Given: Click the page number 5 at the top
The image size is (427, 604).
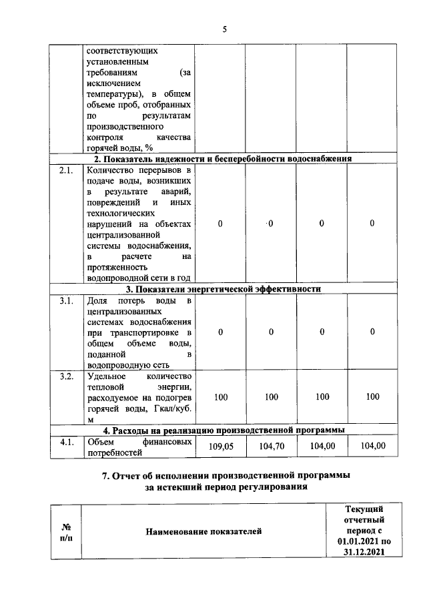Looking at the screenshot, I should pyautogui.click(x=225, y=29).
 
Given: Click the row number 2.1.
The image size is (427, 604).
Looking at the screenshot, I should pyautogui.click(x=65, y=170).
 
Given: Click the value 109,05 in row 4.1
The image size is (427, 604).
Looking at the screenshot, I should pyautogui.click(x=221, y=447).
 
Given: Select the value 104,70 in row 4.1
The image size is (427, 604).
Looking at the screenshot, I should pyautogui.click(x=271, y=447).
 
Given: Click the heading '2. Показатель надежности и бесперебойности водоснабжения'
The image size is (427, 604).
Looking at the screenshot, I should pyautogui.click(x=222, y=159).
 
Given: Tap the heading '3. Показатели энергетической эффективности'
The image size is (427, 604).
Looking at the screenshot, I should pyautogui.click(x=224, y=289).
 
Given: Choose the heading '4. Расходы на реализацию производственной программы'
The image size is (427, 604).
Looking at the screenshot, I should pyautogui.click(x=224, y=430).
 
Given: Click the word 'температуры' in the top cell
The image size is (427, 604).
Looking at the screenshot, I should pyautogui.click(x=114, y=94).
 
